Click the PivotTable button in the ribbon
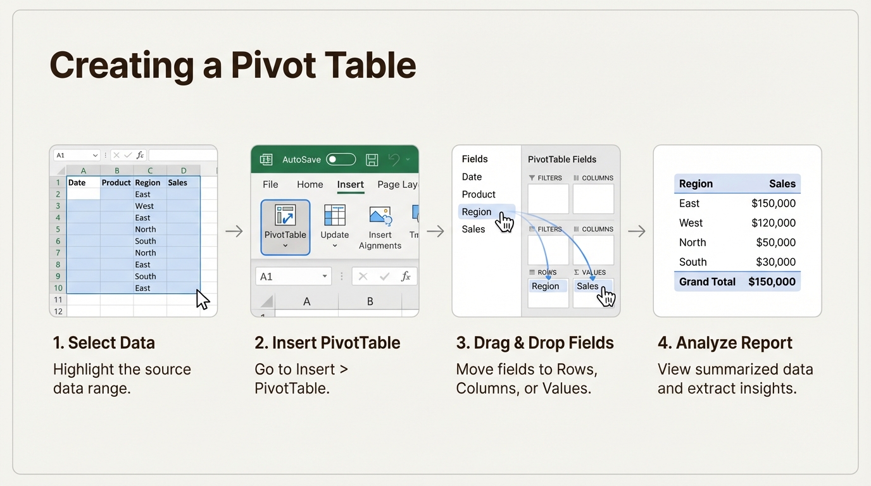point(285,227)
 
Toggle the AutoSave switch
point(341,159)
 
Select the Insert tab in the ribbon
point(350,184)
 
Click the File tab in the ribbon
point(270,184)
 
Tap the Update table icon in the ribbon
point(334,216)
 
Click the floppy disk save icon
point(372,159)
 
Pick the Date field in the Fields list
point(472,177)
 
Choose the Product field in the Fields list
point(479,194)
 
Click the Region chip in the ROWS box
point(545,286)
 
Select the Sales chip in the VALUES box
point(587,286)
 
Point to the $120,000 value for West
point(773,223)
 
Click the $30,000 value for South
point(775,262)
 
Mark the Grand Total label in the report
point(707,282)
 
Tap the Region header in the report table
point(696,184)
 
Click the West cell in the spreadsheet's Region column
point(144,206)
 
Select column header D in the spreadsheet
point(183,170)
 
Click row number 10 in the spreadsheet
point(58,288)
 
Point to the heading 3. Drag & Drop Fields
point(535,343)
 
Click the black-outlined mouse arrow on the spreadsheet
point(202,299)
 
